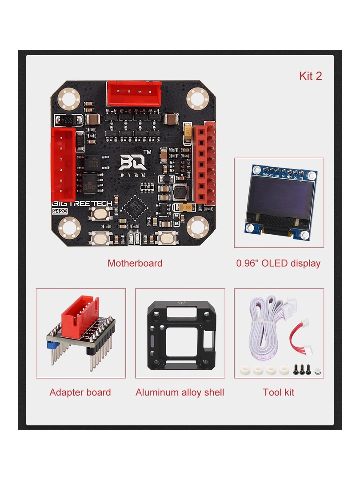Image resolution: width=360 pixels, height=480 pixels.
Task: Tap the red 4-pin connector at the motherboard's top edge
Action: point(134,93)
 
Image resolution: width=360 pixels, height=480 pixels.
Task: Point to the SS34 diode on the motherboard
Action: point(68,120)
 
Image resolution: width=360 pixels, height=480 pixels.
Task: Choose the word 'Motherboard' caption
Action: point(135,263)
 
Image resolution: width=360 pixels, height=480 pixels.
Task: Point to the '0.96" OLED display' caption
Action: point(278,263)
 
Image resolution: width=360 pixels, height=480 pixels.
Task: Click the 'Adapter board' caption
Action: point(80,392)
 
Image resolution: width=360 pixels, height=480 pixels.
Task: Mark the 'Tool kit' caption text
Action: point(278,392)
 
